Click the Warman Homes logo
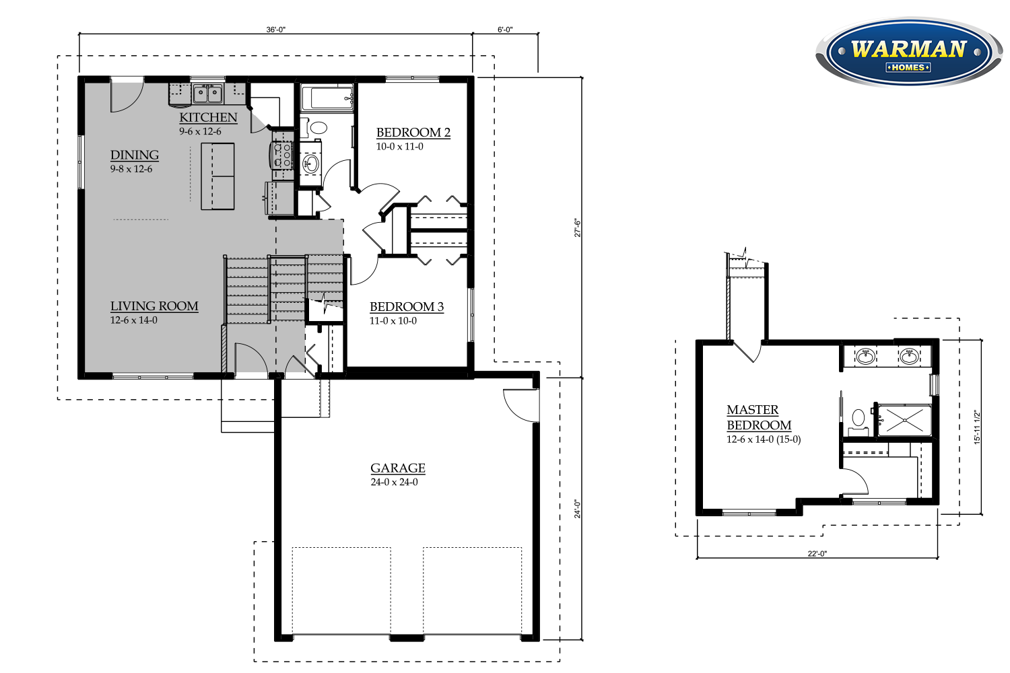[x=908, y=52]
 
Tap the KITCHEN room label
[x=208, y=118]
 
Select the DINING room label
[x=135, y=155]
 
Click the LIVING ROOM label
[x=154, y=306]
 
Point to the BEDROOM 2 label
[x=413, y=133]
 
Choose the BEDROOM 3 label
[x=406, y=307]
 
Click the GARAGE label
[x=397, y=468]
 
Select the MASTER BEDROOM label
[x=758, y=417]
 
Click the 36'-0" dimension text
[x=275, y=30]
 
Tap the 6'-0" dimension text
[x=505, y=30]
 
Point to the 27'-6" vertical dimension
[x=577, y=227]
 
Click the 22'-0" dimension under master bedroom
[x=817, y=554]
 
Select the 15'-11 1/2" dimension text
[x=977, y=427]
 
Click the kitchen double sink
[x=207, y=94]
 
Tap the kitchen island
[x=217, y=176]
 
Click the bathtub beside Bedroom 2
[x=327, y=98]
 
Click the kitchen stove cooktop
[x=282, y=155]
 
